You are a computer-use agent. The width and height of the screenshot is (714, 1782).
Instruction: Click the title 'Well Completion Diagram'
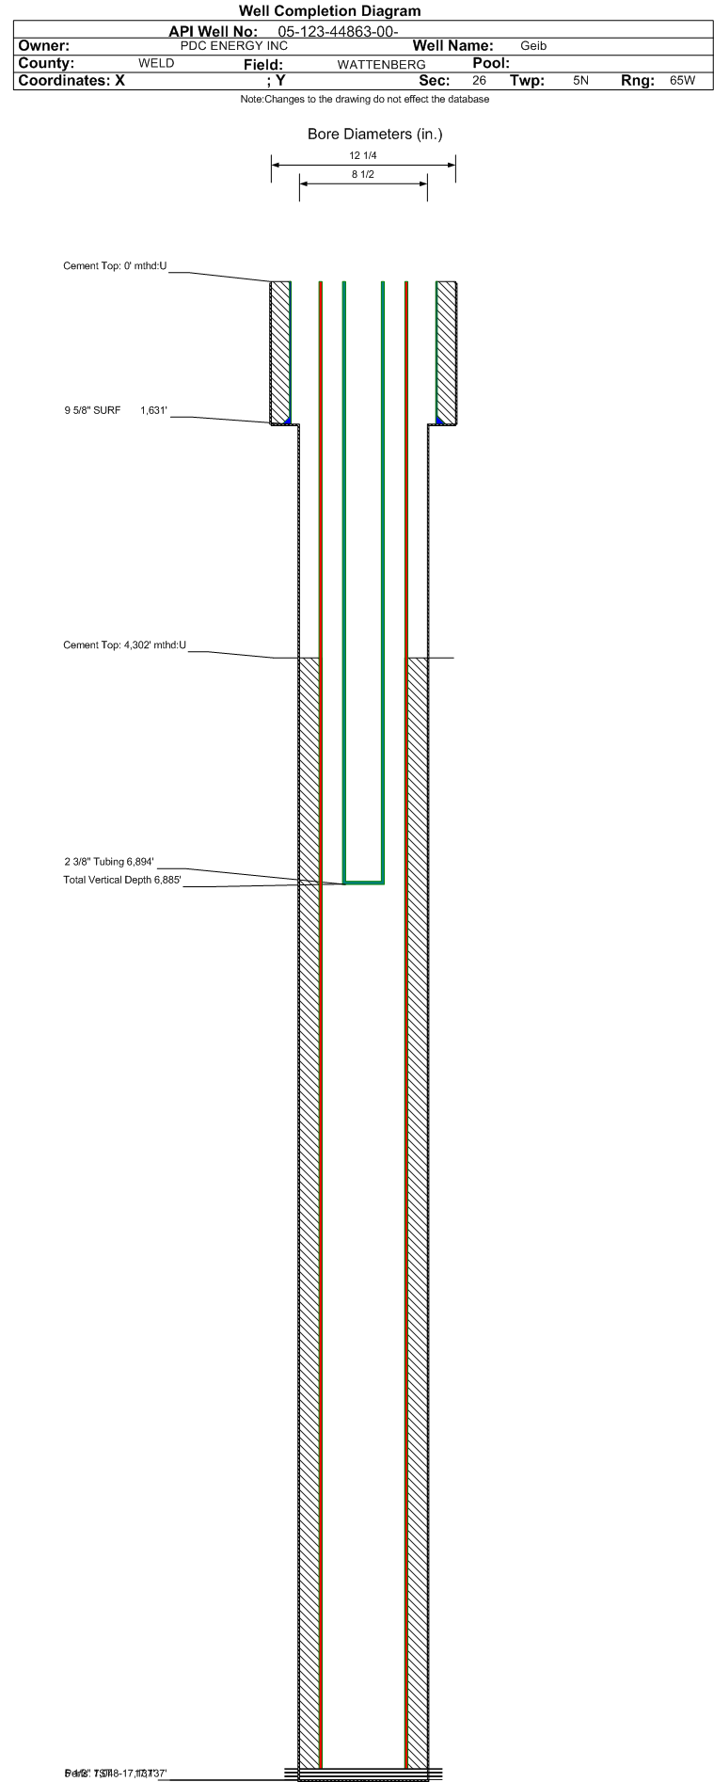point(329,11)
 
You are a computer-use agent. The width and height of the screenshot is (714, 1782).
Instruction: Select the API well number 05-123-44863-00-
point(339,31)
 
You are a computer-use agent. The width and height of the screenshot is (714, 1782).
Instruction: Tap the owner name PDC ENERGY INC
point(234,45)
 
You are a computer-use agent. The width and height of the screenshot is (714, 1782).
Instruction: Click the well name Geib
point(533,46)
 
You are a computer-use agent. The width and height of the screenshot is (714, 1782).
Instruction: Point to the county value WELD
point(156,63)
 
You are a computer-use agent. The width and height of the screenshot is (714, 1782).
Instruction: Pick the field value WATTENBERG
point(381,64)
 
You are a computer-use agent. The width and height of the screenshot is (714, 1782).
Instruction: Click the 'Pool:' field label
point(491,63)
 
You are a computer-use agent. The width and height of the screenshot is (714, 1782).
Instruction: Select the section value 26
point(480,81)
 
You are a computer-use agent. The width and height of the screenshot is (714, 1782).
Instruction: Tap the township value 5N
point(580,81)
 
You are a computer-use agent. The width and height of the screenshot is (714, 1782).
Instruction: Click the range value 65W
point(682,81)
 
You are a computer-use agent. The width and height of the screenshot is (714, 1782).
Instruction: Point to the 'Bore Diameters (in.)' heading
point(374,135)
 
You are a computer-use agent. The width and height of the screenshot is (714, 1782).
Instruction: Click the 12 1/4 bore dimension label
point(363,156)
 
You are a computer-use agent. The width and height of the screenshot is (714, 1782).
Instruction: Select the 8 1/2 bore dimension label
point(363,175)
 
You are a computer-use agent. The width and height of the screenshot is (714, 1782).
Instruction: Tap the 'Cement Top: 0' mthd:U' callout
point(115,266)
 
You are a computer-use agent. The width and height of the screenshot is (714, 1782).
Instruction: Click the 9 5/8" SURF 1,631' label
point(116,410)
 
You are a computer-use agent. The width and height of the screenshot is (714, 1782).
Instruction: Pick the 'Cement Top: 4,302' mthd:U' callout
point(124,645)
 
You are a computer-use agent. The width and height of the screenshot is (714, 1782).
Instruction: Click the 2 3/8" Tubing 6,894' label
point(109,862)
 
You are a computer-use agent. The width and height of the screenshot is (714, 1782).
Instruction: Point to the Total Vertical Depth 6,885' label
point(121,881)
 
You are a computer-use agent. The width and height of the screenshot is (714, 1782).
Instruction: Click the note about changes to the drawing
point(364,99)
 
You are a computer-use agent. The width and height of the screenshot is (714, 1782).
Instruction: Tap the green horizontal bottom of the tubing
point(364,883)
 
